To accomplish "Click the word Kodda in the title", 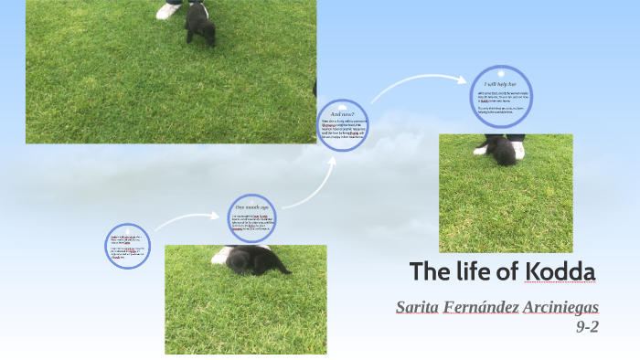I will coord(560,272).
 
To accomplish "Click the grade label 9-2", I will coord(586,326).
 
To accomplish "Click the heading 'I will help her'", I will coord(500,83).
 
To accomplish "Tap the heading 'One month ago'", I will coord(251,208).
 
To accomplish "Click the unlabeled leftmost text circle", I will coord(127,247).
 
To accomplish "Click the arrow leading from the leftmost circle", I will coord(187,219).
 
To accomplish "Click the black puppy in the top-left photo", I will coord(200,25).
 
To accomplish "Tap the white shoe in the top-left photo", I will coord(170,10).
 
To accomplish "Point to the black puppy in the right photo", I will coord(502,151).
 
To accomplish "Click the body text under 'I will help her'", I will coord(500,100).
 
